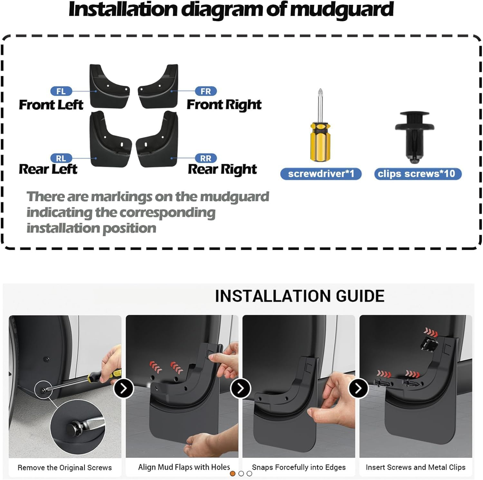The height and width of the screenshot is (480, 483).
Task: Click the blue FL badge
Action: point(61,91)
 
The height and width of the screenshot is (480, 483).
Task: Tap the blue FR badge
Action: point(206,91)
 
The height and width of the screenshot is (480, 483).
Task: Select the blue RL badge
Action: point(61,158)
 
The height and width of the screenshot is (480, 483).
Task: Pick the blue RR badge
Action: point(206,158)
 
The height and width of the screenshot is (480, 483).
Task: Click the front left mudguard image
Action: point(109,87)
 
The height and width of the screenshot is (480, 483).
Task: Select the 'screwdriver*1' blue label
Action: point(321,174)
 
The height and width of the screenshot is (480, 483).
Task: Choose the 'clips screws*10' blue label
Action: point(417,174)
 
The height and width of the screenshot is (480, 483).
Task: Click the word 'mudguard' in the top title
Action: point(341,10)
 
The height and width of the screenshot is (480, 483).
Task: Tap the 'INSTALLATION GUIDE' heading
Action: point(299,296)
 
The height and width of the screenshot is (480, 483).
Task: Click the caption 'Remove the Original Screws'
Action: point(65,467)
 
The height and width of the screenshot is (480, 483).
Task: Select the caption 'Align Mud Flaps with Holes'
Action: point(184,467)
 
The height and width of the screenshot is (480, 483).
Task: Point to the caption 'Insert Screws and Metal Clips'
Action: point(415,467)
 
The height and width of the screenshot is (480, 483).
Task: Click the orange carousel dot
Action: point(232,474)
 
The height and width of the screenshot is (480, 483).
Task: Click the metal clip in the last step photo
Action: point(429,344)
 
